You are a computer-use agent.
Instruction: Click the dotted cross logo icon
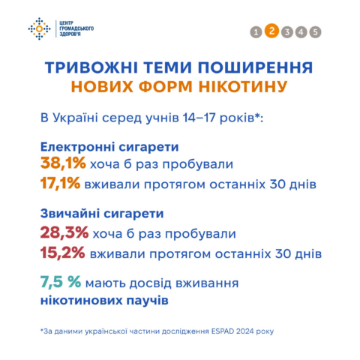pos(39,28)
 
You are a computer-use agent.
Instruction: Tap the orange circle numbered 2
pos(271,31)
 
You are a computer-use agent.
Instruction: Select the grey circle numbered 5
pos(315,32)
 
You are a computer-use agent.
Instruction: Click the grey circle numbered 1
pos(256,32)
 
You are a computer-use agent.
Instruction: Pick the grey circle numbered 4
pos(301,32)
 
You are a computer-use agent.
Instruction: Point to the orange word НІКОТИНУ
pos(242,87)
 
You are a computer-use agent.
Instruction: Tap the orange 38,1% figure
pos(63,163)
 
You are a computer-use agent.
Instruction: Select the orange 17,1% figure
pos(60,183)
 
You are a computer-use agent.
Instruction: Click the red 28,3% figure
pos(64,232)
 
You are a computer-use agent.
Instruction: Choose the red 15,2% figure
pos(63,253)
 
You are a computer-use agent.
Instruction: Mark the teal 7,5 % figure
pos(61,282)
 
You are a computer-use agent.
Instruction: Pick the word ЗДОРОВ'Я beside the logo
pos(70,34)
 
